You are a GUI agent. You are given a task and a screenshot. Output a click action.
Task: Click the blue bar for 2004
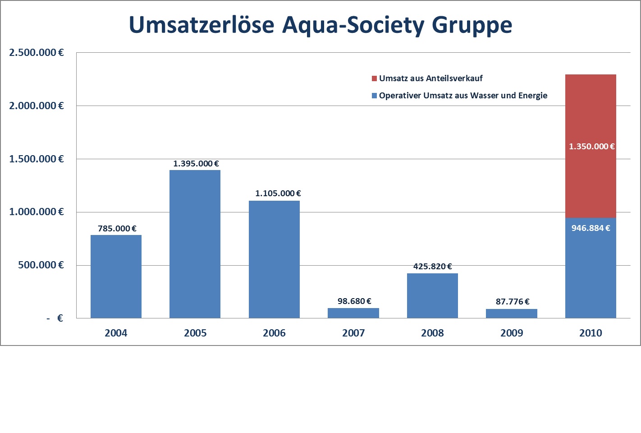tap(116, 276)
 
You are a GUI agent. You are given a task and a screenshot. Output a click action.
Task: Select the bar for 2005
tap(195, 244)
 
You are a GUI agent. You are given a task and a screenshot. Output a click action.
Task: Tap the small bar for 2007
tap(353, 313)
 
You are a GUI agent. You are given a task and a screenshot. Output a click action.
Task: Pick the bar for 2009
tap(512, 313)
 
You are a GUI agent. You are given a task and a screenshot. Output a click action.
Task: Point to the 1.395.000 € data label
tap(196, 164)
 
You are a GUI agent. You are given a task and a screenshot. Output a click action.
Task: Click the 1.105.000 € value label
tap(278, 193)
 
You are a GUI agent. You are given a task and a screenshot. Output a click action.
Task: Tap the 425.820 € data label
tap(432, 267)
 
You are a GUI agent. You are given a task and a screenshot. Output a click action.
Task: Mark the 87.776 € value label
tap(513, 302)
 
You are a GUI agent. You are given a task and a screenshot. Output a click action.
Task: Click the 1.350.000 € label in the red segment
tap(591, 147)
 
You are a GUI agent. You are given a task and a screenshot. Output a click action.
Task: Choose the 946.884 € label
tap(591, 228)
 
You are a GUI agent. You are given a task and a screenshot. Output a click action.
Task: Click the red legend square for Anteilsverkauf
tap(374, 78)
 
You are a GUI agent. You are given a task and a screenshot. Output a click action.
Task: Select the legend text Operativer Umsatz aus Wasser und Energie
tap(463, 96)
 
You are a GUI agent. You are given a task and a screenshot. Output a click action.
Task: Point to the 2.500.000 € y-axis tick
tap(37, 53)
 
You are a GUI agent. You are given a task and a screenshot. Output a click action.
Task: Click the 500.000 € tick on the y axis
tap(41, 265)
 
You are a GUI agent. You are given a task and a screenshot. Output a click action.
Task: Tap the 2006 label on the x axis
tap(274, 333)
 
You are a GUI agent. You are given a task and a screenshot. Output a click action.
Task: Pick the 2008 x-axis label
tap(432, 333)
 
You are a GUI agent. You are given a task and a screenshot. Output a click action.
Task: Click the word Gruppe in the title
tap(472, 25)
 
